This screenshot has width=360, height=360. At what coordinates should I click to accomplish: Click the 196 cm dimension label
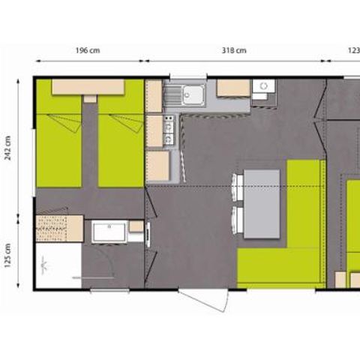click(88, 51)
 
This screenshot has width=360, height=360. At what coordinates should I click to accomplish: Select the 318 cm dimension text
click(235, 51)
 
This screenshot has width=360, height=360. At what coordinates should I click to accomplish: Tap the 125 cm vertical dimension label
click(8, 255)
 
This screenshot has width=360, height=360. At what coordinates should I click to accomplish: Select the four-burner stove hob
click(169, 133)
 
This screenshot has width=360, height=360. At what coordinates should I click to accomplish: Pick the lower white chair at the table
click(238, 220)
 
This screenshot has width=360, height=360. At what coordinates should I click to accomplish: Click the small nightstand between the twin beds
click(90, 98)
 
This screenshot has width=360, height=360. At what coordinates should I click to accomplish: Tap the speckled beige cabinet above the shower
click(58, 228)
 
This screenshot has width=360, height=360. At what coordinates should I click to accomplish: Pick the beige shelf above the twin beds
click(88, 86)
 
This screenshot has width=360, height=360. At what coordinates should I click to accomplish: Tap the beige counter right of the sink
click(232, 88)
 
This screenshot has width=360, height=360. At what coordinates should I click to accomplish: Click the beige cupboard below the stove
click(157, 166)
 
